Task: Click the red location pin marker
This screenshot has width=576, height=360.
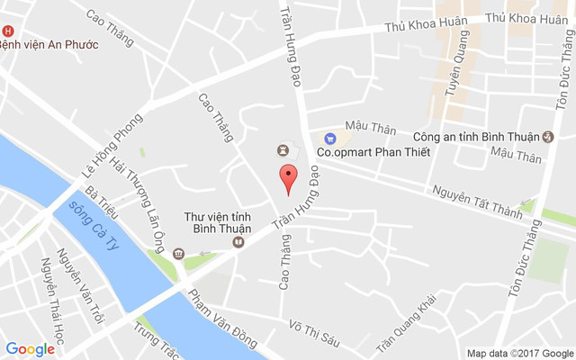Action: click(x=287, y=177)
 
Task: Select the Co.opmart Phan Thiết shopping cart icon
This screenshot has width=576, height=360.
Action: click(x=330, y=139)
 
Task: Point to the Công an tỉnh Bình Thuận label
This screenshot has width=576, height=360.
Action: click(x=476, y=137)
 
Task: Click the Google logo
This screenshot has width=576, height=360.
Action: click(x=30, y=349)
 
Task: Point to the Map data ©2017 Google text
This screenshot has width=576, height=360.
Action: click(x=519, y=353)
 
